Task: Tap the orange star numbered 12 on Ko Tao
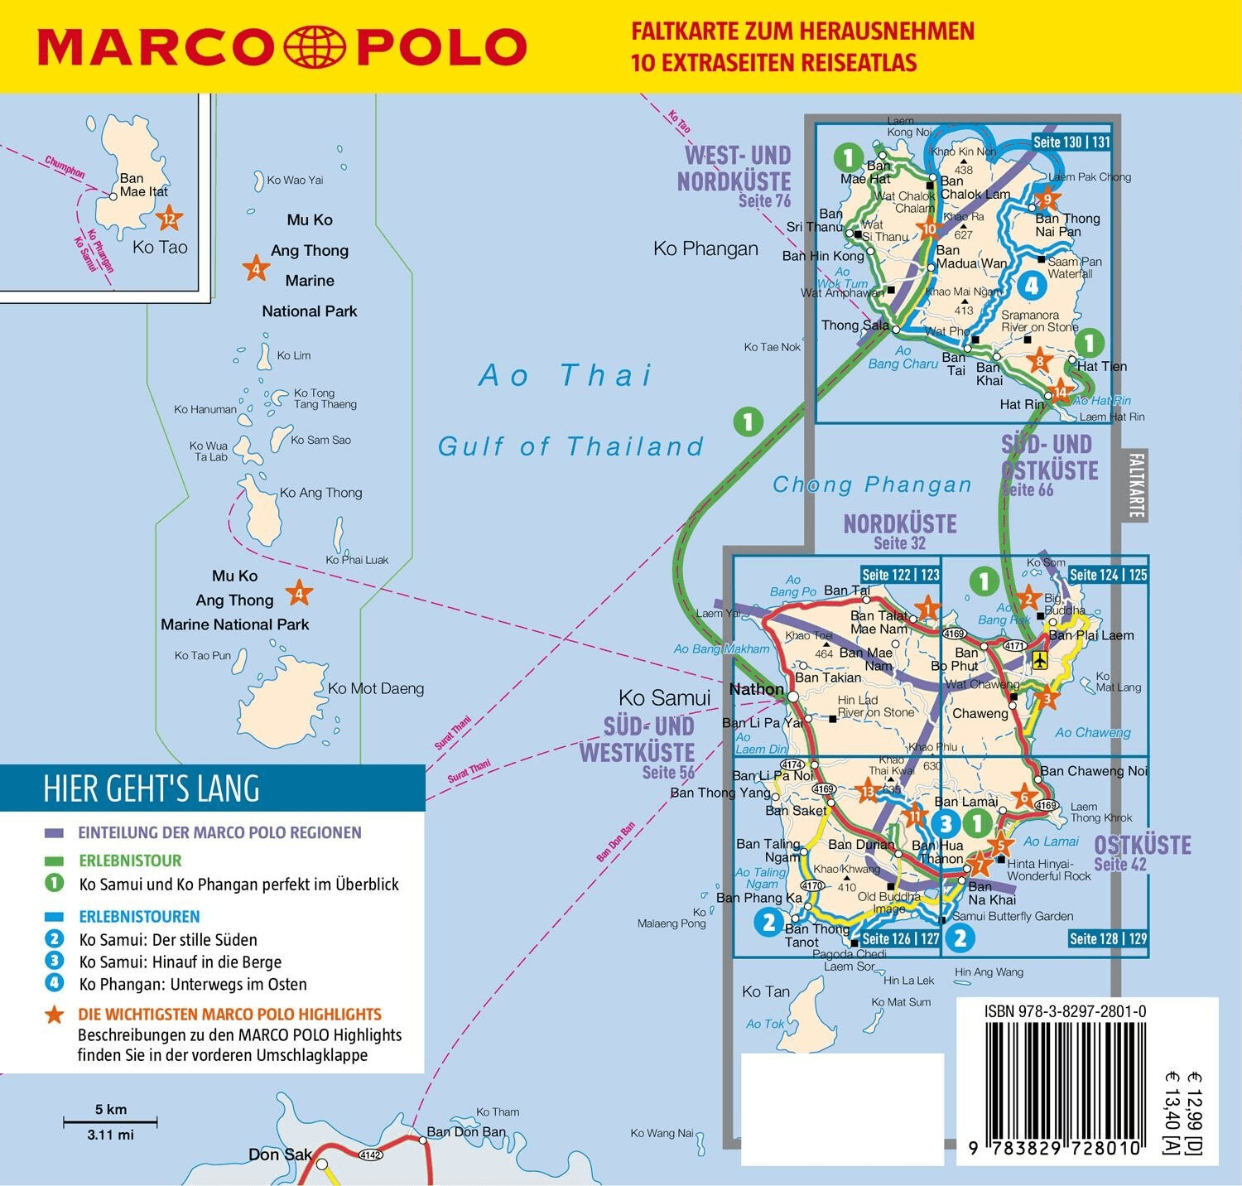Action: coord(169,219)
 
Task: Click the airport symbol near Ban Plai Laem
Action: coord(1040,659)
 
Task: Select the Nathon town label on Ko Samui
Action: coord(756,689)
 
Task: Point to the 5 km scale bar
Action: coord(111,1122)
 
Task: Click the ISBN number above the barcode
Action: coord(1065,1011)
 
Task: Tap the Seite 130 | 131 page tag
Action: coord(1071,142)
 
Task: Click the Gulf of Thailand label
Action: coord(570,446)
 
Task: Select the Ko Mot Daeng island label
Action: coord(376,688)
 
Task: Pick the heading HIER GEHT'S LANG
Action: coord(152,788)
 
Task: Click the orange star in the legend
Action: coord(55,1015)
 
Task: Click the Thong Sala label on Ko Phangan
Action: coord(854,325)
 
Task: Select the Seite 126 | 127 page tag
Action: coord(900,938)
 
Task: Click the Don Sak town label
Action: coord(280,1155)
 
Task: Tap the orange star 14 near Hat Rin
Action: coord(1060,392)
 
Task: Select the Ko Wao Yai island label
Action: coord(295,180)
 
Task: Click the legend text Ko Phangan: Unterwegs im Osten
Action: coord(193,984)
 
